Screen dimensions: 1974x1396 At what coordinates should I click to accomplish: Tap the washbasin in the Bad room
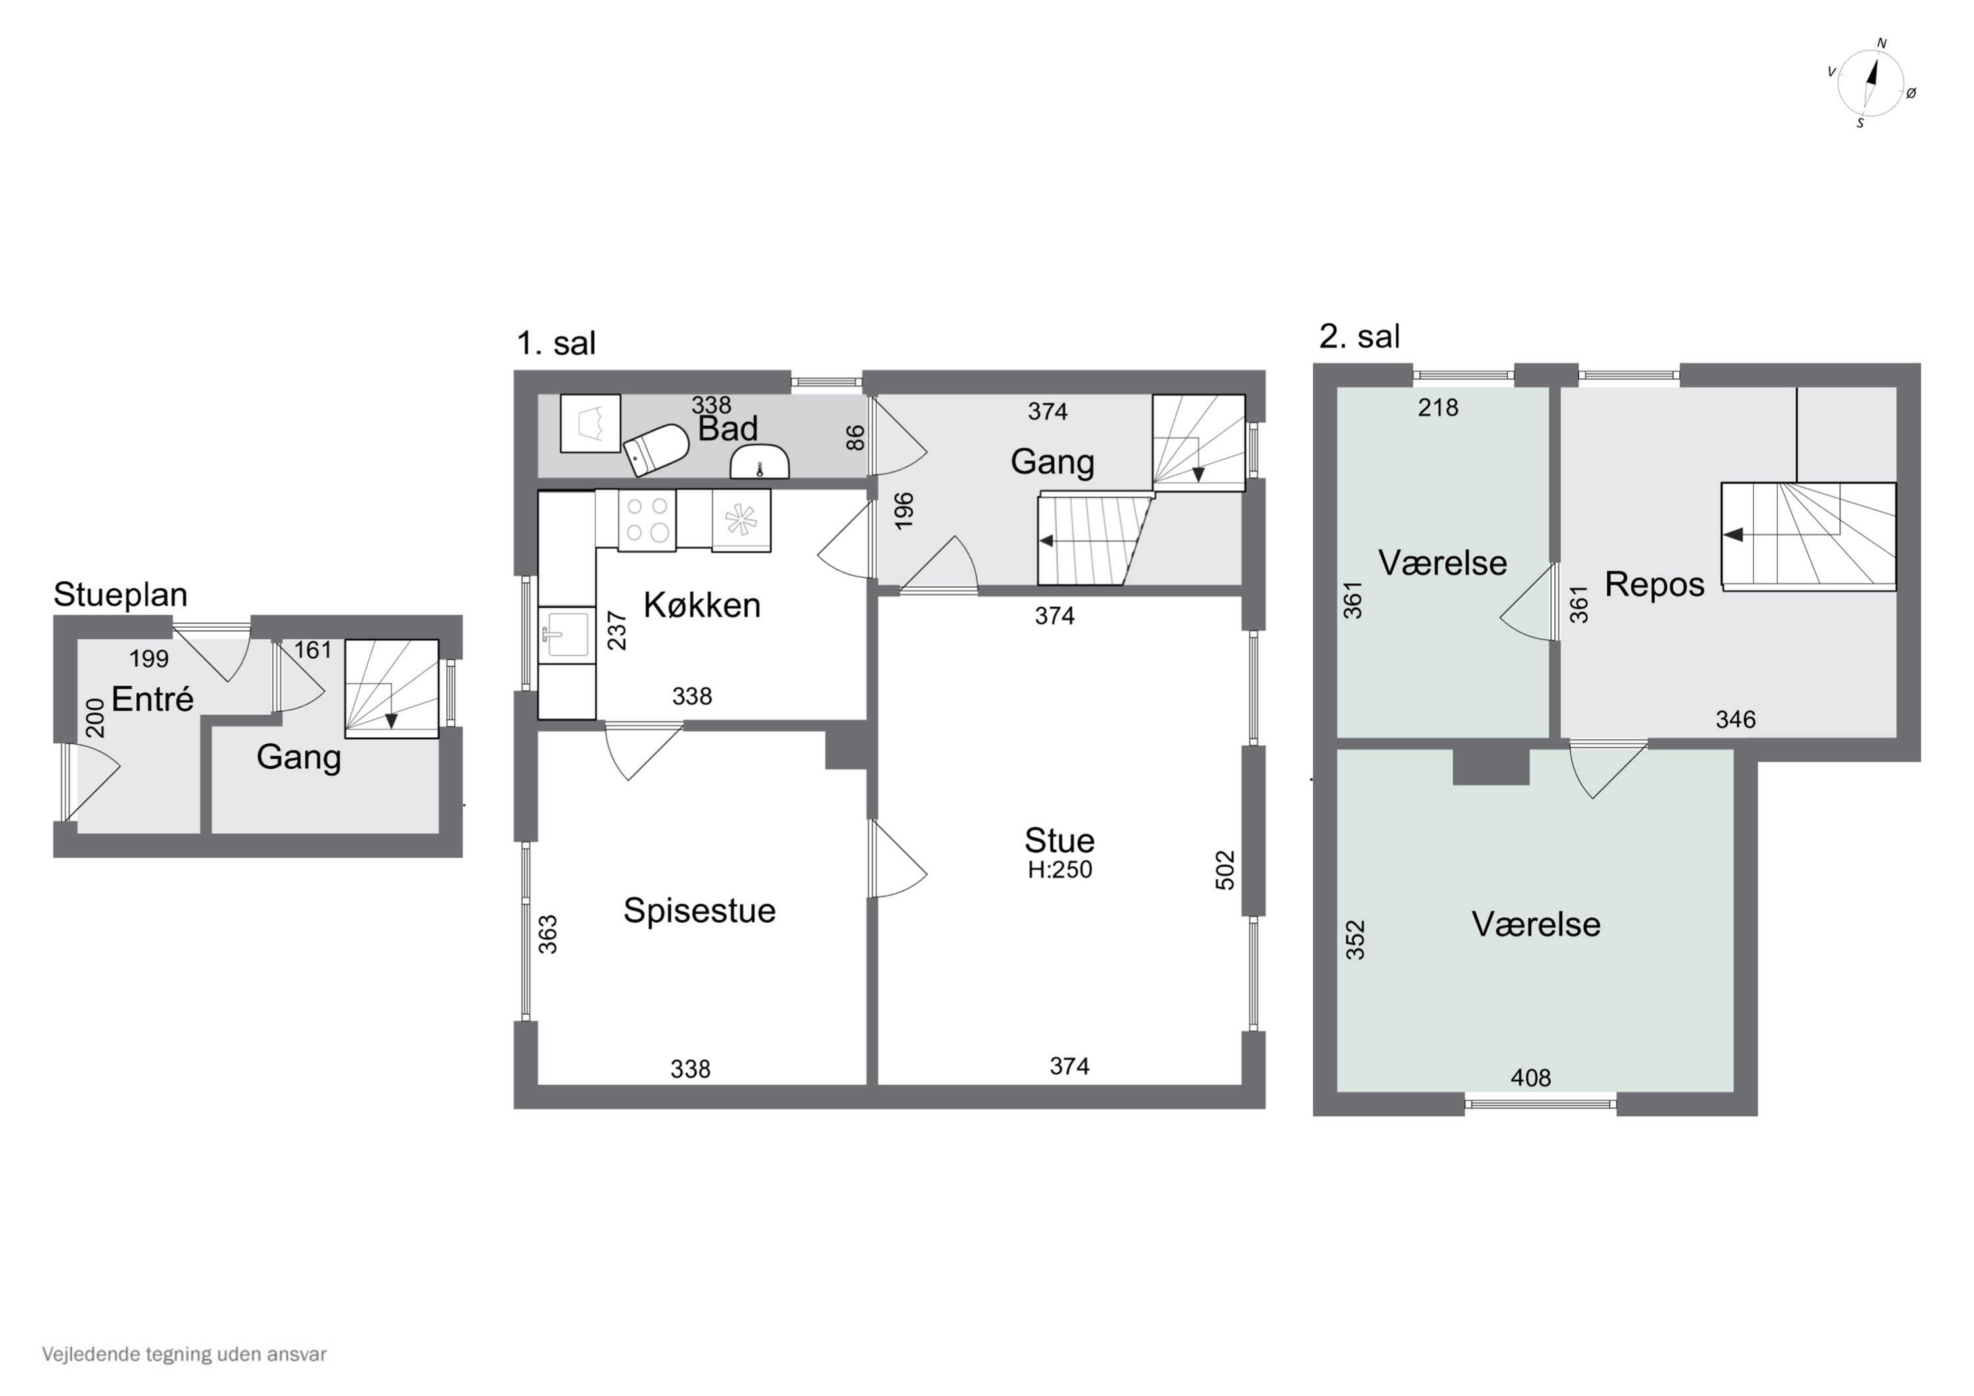pyautogui.click(x=759, y=462)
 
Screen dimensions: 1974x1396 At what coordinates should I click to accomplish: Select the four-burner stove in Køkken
pyautogui.click(x=647, y=519)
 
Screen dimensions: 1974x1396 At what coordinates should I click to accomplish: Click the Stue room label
pyautogui.click(x=1059, y=839)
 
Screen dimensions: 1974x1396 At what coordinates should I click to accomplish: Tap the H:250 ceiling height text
pyautogui.click(x=1059, y=869)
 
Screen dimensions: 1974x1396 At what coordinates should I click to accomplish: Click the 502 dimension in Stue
pyautogui.click(x=1225, y=869)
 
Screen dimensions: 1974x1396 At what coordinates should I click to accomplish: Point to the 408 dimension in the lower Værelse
pyautogui.click(x=1531, y=1077)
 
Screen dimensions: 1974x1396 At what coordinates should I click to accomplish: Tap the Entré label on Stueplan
pyautogui.click(x=152, y=698)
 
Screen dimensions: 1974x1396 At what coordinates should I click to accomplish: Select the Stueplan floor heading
pyautogui.click(x=120, y=594)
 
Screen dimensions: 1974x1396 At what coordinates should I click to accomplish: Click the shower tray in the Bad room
pyautogui.click(x=590, y=423)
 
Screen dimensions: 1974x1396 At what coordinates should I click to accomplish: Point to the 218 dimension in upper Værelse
pyautogui.click(x=1438, y=407)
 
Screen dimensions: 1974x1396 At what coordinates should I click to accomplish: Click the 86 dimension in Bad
pyautogui.click(x=855, y=438)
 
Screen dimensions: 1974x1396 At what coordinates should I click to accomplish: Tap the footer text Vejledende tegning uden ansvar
pyautogui.click(x=184, y=1354)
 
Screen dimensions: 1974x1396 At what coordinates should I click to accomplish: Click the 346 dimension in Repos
pyautogui.click(x=1735, y=719)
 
